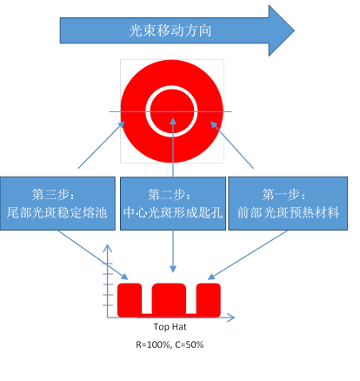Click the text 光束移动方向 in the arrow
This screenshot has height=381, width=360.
(x=170, y=30)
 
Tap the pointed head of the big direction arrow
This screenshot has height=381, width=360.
(x=294, y=30)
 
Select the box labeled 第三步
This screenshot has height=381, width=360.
(x=57, y=204)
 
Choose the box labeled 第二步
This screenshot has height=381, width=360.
(x=173, y=204)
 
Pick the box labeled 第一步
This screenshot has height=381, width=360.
(x=288, y=204)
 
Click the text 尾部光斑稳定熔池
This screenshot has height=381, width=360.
(x=57, y=212)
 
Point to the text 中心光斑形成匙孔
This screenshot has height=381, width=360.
(x=173, y=212)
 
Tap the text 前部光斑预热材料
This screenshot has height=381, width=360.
(x=289, y=212)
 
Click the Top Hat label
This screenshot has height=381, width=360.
(x=170, y=327)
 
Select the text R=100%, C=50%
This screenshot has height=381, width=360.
(x=170, y=344)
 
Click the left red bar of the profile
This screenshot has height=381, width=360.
(x=130, y=300)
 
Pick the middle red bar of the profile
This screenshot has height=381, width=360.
(x=169, y=300)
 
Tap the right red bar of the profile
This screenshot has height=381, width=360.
(x=209, y=300)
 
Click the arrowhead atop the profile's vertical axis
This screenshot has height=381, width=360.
(x=108, y=247)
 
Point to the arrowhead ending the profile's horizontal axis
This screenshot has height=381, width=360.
(x=231, y=317)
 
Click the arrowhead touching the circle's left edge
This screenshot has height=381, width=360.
(x=122, y=124)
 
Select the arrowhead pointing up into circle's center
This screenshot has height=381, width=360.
(x=173, y=121)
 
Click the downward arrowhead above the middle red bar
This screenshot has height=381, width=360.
(x=173, y=270)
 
